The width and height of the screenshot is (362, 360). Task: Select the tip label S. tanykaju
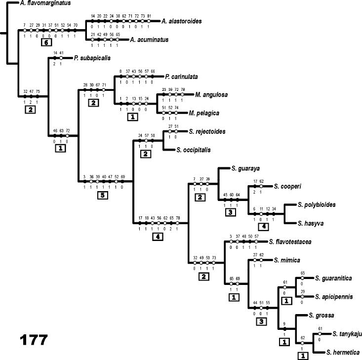click(x=347, y=334)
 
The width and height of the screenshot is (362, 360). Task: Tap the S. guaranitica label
click(x=333, y=279)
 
